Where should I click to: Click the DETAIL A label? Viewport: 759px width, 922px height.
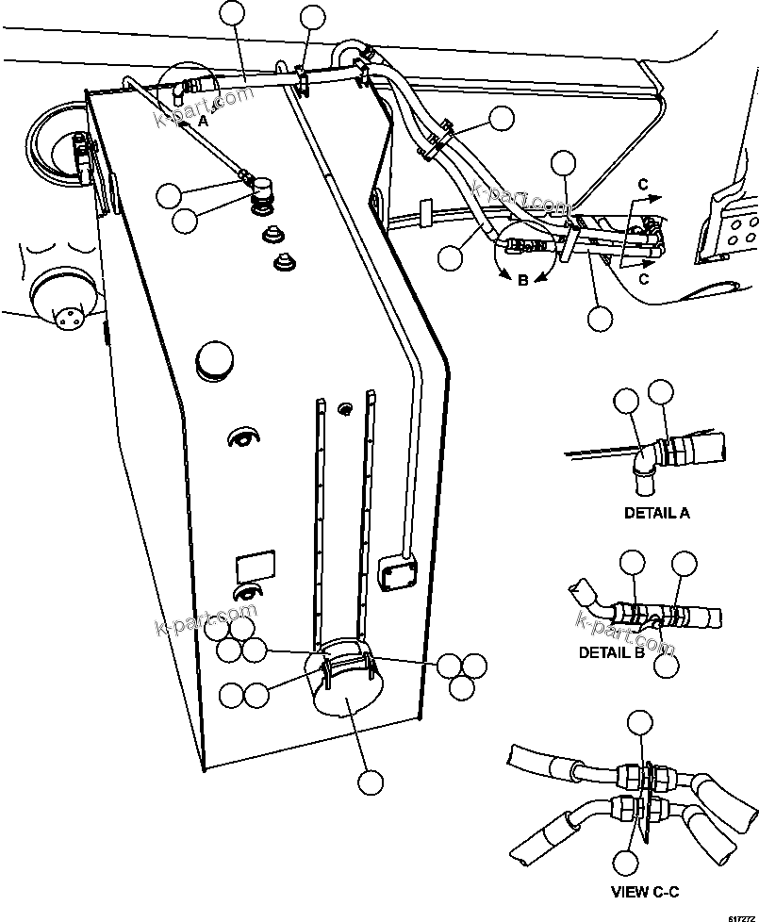click(656, 514)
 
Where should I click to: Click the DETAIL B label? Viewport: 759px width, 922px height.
click(611, 652)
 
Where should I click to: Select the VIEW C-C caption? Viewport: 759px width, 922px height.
click(645, 891)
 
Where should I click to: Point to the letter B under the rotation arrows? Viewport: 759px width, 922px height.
click(523, 280)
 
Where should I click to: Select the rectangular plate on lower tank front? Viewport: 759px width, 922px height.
click(256, 567)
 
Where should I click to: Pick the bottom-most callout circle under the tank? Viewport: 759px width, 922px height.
click(370, 782)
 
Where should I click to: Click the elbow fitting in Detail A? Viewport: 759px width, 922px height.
click(643, 464)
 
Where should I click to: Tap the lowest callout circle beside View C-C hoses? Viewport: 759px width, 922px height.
click(625, 863)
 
